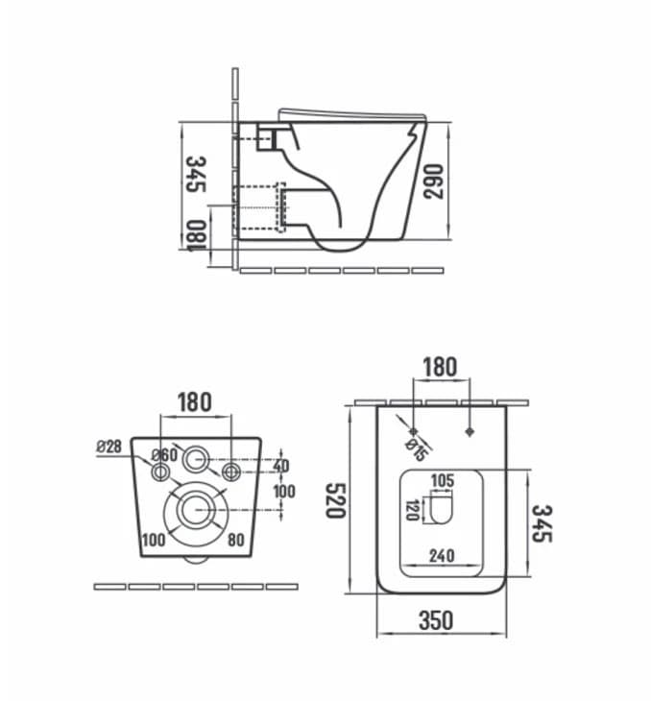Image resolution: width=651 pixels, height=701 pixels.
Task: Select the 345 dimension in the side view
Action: tap(196, 174)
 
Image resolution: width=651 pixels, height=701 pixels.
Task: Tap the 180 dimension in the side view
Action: tap(196, 234)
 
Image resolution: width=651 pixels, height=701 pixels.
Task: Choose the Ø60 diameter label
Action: tap(164, 455)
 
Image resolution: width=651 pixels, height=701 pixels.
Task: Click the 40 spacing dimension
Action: tap(280, 466)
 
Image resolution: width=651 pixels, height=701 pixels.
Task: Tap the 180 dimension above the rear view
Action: tap(195, 401)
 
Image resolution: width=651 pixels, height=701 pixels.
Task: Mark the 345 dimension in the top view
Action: tap(542, 523)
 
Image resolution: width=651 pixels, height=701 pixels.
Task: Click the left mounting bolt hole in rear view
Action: tap(158, 471)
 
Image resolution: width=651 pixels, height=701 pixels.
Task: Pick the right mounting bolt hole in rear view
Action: tap(230, 471)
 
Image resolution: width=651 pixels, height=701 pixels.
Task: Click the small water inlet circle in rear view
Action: tap(197, 460)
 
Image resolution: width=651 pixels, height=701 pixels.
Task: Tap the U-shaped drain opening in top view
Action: tap(442, 510)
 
